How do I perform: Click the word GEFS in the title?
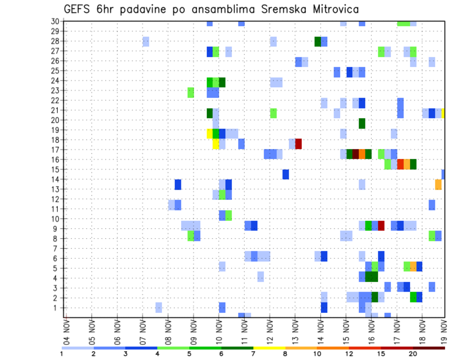[78, 9]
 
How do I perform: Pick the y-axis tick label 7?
[56, 248]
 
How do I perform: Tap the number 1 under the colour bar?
[62, 354]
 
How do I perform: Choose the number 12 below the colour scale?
[349, 354]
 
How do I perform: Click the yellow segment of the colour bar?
[269, 347]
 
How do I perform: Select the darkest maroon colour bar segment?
[429, 347]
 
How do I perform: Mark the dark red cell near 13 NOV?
[299, 144]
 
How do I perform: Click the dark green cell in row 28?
[317, 41]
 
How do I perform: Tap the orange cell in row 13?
[438, 184]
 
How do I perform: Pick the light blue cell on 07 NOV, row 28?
[146, 41]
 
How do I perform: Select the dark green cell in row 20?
[362, 123]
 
